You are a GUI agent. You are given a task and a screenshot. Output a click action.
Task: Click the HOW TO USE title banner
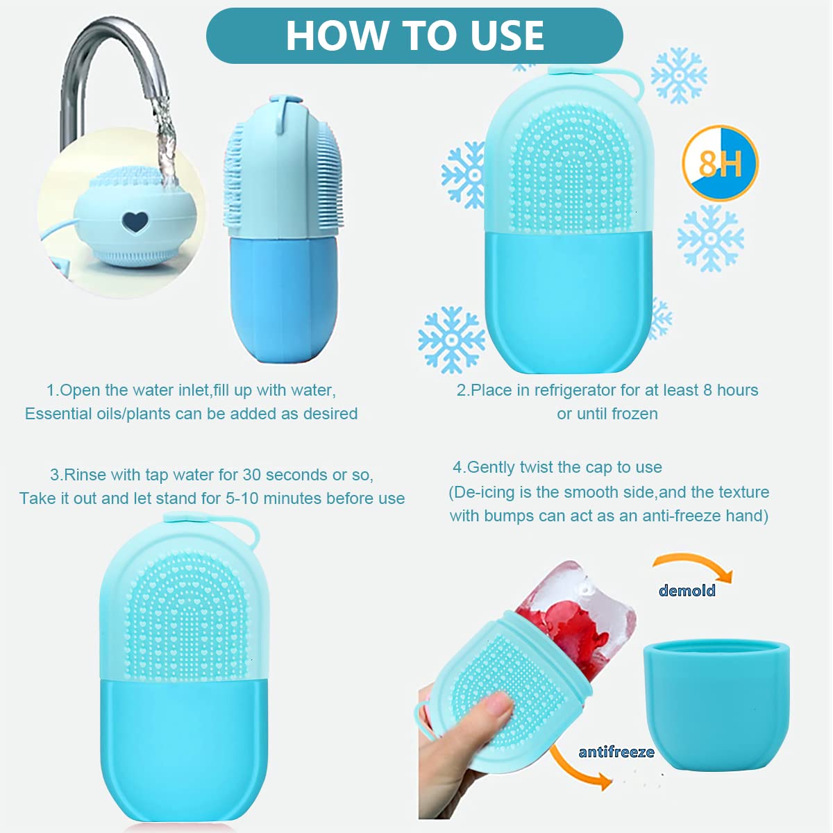414,35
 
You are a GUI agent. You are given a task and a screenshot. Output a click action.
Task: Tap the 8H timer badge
720,163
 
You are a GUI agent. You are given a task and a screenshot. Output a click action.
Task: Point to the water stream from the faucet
164,139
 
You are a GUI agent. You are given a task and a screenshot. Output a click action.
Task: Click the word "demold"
687,591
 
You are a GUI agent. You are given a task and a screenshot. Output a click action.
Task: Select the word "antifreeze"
616,752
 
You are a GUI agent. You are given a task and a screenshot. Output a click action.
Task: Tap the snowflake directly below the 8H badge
710,238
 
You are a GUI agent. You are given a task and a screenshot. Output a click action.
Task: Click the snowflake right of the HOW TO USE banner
678,75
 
